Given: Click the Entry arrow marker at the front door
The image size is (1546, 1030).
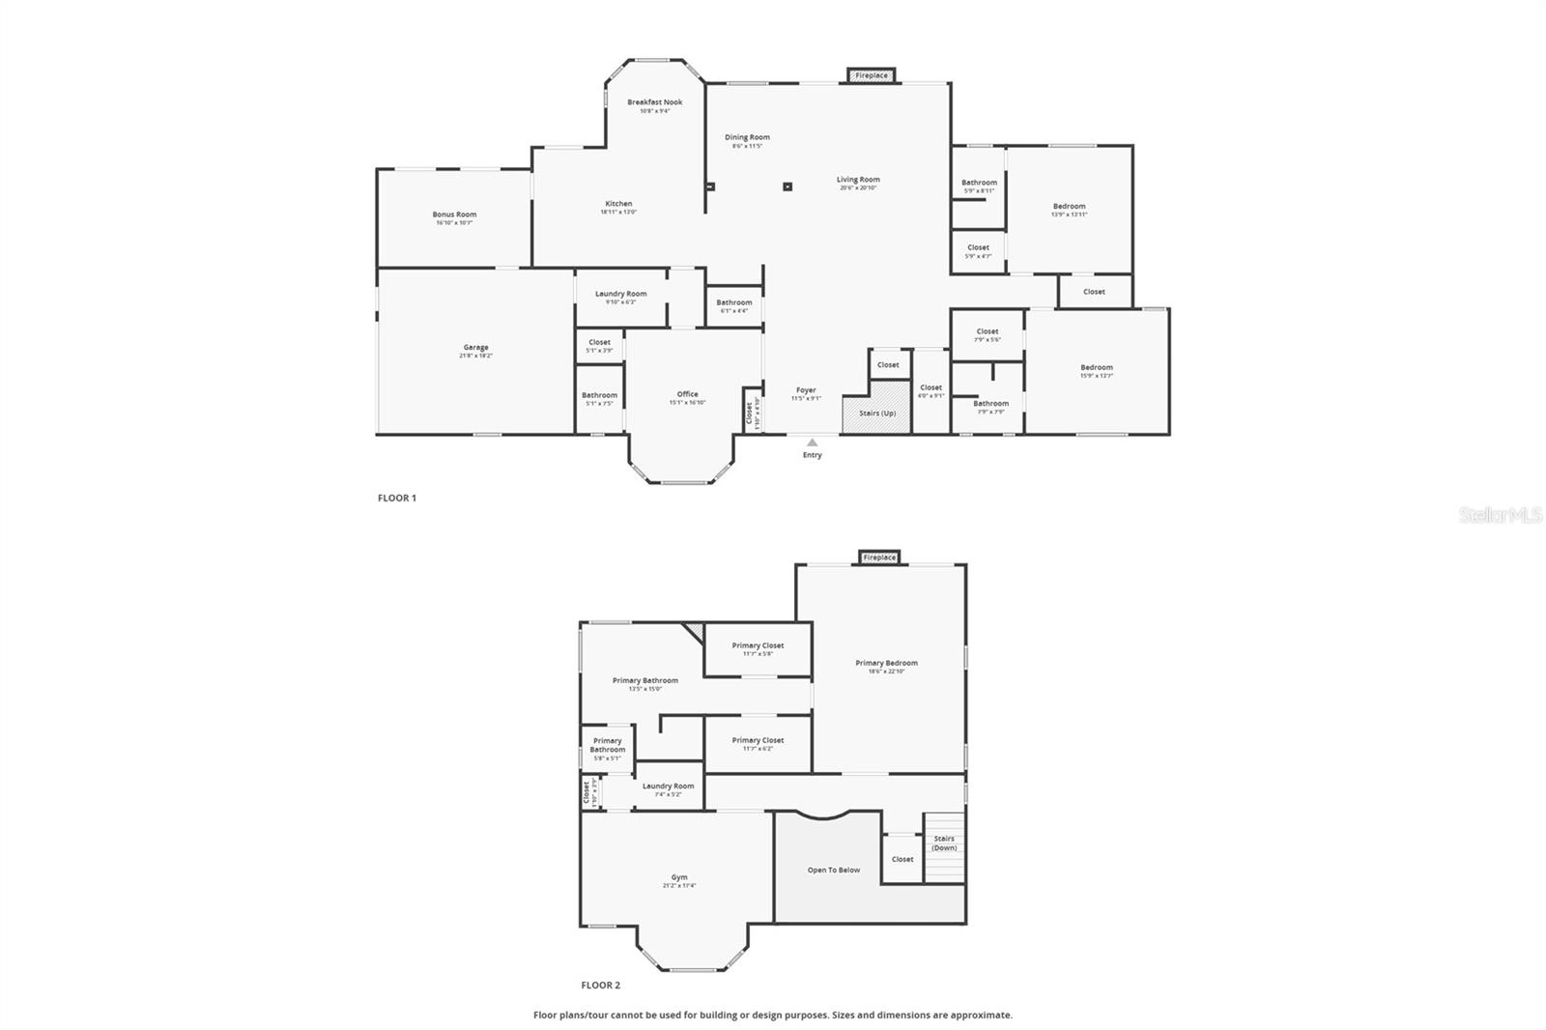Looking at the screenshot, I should [x=812, y=443].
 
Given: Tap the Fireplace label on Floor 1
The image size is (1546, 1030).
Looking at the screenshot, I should [x=872, y=75].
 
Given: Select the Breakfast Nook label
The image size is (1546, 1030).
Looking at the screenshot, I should [x=654, y=102].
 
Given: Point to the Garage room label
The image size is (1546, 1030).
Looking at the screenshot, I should [x=475, y=348].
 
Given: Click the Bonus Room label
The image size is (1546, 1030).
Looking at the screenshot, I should [x=454, y=215].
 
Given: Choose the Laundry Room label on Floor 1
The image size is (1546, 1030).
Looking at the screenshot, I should [x=620, y=294].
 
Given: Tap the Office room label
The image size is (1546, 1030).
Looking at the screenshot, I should [x=687, y=394].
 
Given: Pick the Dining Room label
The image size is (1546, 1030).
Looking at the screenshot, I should [x=747, y=137].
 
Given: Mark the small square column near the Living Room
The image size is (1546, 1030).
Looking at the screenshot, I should [x=787, y=186].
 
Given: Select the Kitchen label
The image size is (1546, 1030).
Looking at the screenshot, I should [x=618, y=204].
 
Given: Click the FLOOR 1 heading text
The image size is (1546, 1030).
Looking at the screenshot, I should [x=396, y=499].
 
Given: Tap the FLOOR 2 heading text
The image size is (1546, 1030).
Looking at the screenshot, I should [x=600, y=986].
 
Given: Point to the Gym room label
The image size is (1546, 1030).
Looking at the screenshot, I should [x=679, y=878].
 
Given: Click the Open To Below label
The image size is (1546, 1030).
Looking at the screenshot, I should [x=833, y=871].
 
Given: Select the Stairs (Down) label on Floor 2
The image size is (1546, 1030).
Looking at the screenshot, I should [x=944, y=844].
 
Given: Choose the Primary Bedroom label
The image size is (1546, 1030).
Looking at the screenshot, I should [x=886, y=663].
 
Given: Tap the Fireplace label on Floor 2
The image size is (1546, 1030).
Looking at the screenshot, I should [x=879, y=558].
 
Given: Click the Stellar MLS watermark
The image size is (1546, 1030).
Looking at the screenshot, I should [x=1500, y=516].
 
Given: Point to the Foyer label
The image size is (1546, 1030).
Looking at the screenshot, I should [x=806, y=390].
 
